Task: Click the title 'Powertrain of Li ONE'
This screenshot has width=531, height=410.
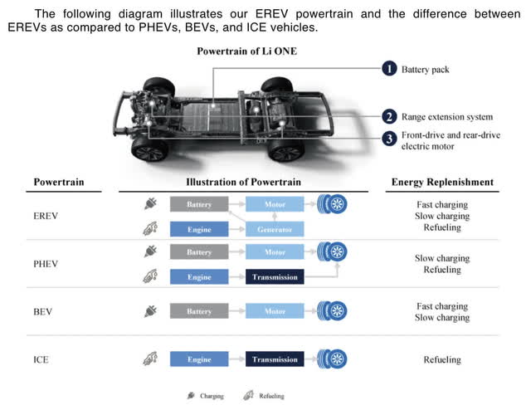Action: [246, 51]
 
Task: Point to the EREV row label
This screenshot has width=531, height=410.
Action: [46, 216]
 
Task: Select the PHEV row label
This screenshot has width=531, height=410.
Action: [46, 264]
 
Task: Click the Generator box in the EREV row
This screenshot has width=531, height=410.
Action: [275, 228]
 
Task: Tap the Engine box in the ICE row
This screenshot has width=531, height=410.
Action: [199, 359]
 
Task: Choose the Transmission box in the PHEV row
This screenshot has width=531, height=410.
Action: [275, 276]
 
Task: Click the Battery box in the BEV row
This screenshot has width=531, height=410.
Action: [199, 311]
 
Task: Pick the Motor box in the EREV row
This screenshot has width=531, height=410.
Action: [275, 203]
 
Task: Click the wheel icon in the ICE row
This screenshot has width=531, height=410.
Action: [334, 359]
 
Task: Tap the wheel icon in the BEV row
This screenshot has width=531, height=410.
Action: [334, 311]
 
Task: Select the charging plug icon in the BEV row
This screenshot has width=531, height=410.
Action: [150, 311]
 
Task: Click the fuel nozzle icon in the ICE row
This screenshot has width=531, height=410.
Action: [150, 359]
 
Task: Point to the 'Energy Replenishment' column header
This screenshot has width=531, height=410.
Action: [441, 182]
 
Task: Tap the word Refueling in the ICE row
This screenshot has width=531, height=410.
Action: [441, 360]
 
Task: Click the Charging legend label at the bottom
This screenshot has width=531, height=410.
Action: [211, 396]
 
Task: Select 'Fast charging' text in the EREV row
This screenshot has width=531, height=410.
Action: [441, 204]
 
